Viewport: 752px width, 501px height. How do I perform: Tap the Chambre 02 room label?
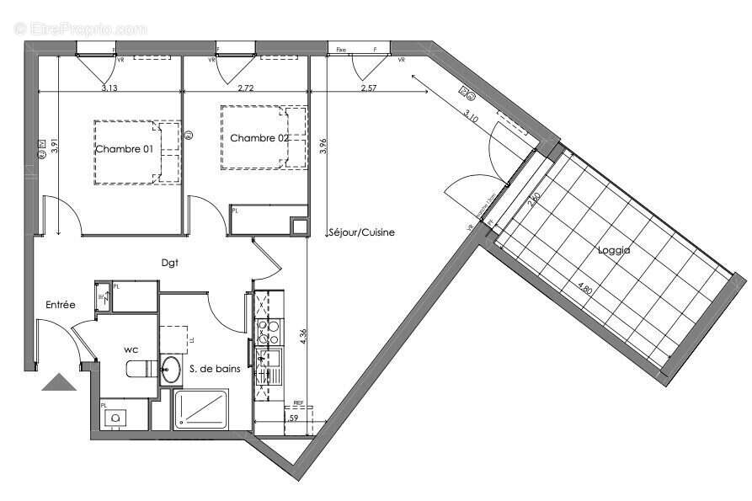coord(259,138)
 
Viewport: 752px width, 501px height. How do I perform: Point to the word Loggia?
coord(615,250)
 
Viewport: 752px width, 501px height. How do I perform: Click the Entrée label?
coord(61,305)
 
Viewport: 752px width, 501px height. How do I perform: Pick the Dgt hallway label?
coord(172,263)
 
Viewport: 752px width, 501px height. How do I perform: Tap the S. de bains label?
coord(211,368)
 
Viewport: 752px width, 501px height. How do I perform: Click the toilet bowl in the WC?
coord(136,369)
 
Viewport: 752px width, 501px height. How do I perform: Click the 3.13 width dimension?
coord(109,88)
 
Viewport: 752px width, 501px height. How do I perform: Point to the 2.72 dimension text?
coord(247,88)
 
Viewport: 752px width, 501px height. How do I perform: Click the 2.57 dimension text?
coord(368,88)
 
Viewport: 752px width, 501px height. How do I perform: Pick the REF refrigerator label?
coord(298,403)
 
